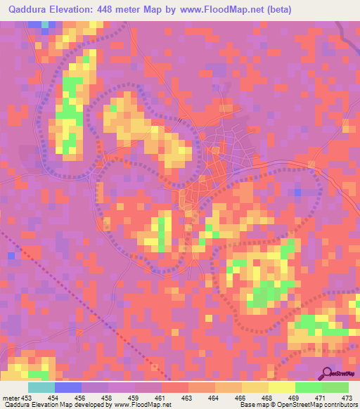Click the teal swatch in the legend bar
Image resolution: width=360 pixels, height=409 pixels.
coord(41,388)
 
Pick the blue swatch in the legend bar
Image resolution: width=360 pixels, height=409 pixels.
coord(68,388)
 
